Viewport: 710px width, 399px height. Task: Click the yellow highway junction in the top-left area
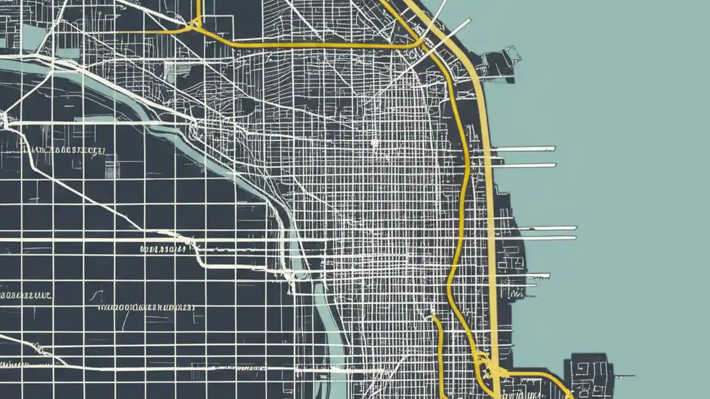click(195, 24)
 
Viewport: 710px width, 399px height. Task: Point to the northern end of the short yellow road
click(434, 318)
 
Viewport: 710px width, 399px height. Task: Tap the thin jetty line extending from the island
click(624, 376)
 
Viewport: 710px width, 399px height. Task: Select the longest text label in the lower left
click(147, 306)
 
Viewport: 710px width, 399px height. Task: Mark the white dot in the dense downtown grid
click(374, 143)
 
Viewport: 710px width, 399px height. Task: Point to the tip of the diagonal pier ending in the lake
click(469, 21)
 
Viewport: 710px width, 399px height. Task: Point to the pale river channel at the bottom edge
click(333, 355)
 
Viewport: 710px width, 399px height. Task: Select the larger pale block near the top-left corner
click(33, 36)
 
